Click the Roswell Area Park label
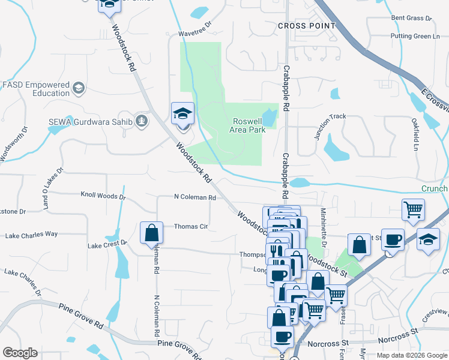click(x=249, y=125)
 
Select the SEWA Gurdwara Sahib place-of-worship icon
click(x=142, y=121)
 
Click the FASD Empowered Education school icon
click(x=78, y=89)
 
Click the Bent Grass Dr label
click(x=411, y=19)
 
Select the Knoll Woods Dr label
click(x=103, y=196)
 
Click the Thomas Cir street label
click(x=190, y=227)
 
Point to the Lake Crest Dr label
click(x=107, y=244)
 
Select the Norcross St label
click(x=327, y=344)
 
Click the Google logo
click(x=20, y=353)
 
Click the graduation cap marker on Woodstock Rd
click(x=182, y=115)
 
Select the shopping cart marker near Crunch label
click(x=413, y=211)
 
